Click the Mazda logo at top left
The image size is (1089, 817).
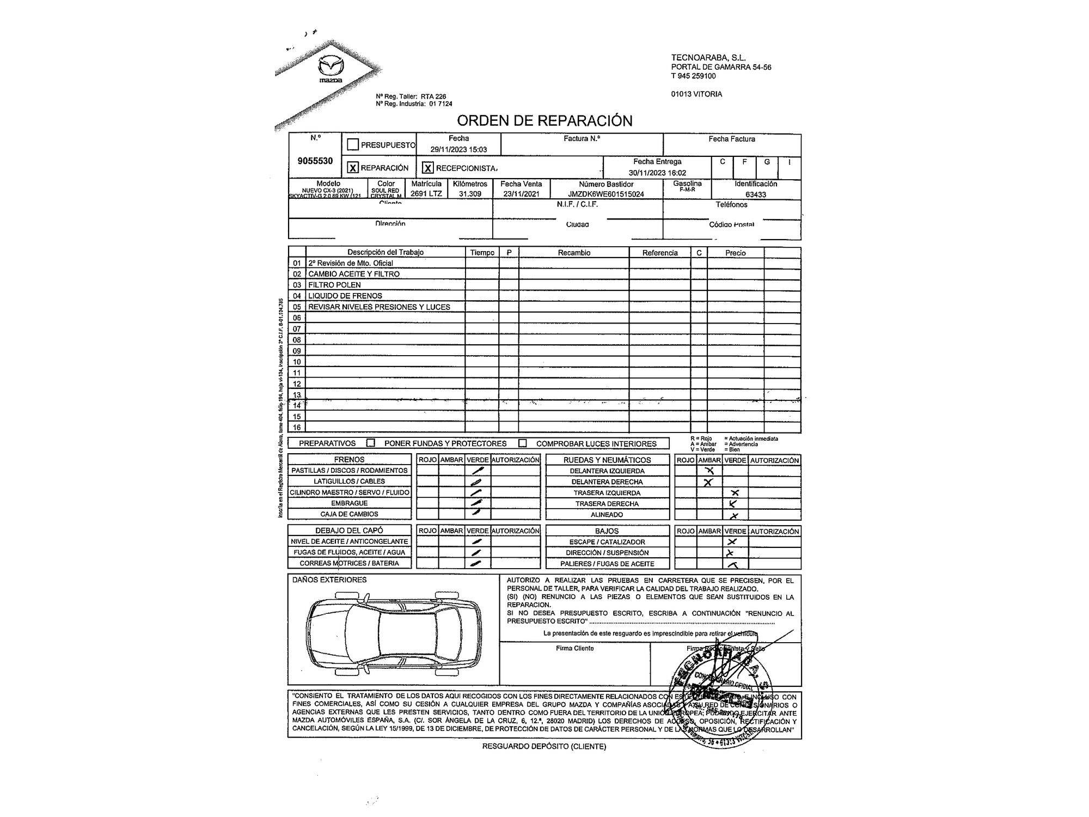click(x=331, y=69)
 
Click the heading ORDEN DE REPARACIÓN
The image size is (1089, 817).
click(x=544, y=120)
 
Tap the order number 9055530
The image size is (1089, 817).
click(x=315, y=161)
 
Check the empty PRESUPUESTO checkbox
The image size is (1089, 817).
click(x=353, y=145)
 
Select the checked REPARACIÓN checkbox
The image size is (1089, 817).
click(x=353, y=168)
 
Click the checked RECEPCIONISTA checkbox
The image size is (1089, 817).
click(x=428, y=168)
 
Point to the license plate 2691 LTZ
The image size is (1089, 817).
click(x=426, y=193)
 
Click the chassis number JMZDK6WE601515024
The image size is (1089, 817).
click(x=606, y=194)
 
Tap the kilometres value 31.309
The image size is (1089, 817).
click(x=470, y=193)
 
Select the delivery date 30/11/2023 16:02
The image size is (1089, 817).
click(x=657, y=173)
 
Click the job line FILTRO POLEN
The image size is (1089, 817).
click(x=334, y=285)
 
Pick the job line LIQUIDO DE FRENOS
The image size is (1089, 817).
click(x=345, y=296)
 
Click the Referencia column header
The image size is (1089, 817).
click(x=660, y=253)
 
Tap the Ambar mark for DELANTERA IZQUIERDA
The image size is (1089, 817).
click(x=709, y=471)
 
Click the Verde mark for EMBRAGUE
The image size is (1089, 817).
click(x=477, y=503)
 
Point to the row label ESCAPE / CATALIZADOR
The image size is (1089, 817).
click(x=607, y=542)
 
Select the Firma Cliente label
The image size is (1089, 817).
click(x=575, y=648)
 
